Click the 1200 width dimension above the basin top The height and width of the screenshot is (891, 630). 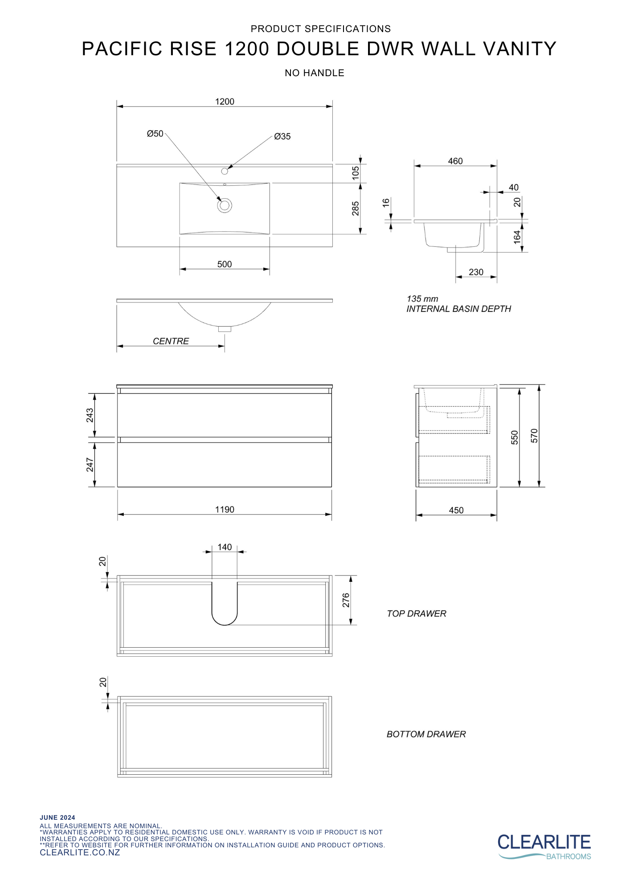(x=225, y=102)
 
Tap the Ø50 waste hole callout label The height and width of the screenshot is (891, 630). (x=155, y=134)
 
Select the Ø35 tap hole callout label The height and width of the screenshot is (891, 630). (x=282, y=136)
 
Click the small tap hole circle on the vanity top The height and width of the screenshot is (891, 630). (x=225, y=171)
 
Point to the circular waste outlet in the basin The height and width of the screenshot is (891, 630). (x=225, y=205)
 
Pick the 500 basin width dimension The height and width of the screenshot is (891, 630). (x=225, y=264)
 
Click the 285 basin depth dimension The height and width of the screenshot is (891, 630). (x=355, y=208)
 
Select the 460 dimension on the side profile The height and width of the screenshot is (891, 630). (x=455, y=161)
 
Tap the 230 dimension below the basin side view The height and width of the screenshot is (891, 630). (x=476, y=272)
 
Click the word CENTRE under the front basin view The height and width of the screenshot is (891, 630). (x=171, y=341)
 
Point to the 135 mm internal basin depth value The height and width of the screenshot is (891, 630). (x=422, y=299)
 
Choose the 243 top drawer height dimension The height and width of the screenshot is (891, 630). (x=90, y=415)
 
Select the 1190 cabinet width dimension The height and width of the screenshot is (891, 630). (x=225, y=509)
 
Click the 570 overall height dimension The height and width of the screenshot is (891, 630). (x=534, y=436)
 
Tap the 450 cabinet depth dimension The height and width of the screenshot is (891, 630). (x=456, y=510)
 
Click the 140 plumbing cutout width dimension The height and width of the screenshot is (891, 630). (x=225, y=547)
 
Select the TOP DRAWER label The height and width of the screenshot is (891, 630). (x=416, y=613)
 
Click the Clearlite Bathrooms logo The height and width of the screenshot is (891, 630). (x=544, y=846)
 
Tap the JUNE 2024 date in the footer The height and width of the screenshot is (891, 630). (x=57, y=817)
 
